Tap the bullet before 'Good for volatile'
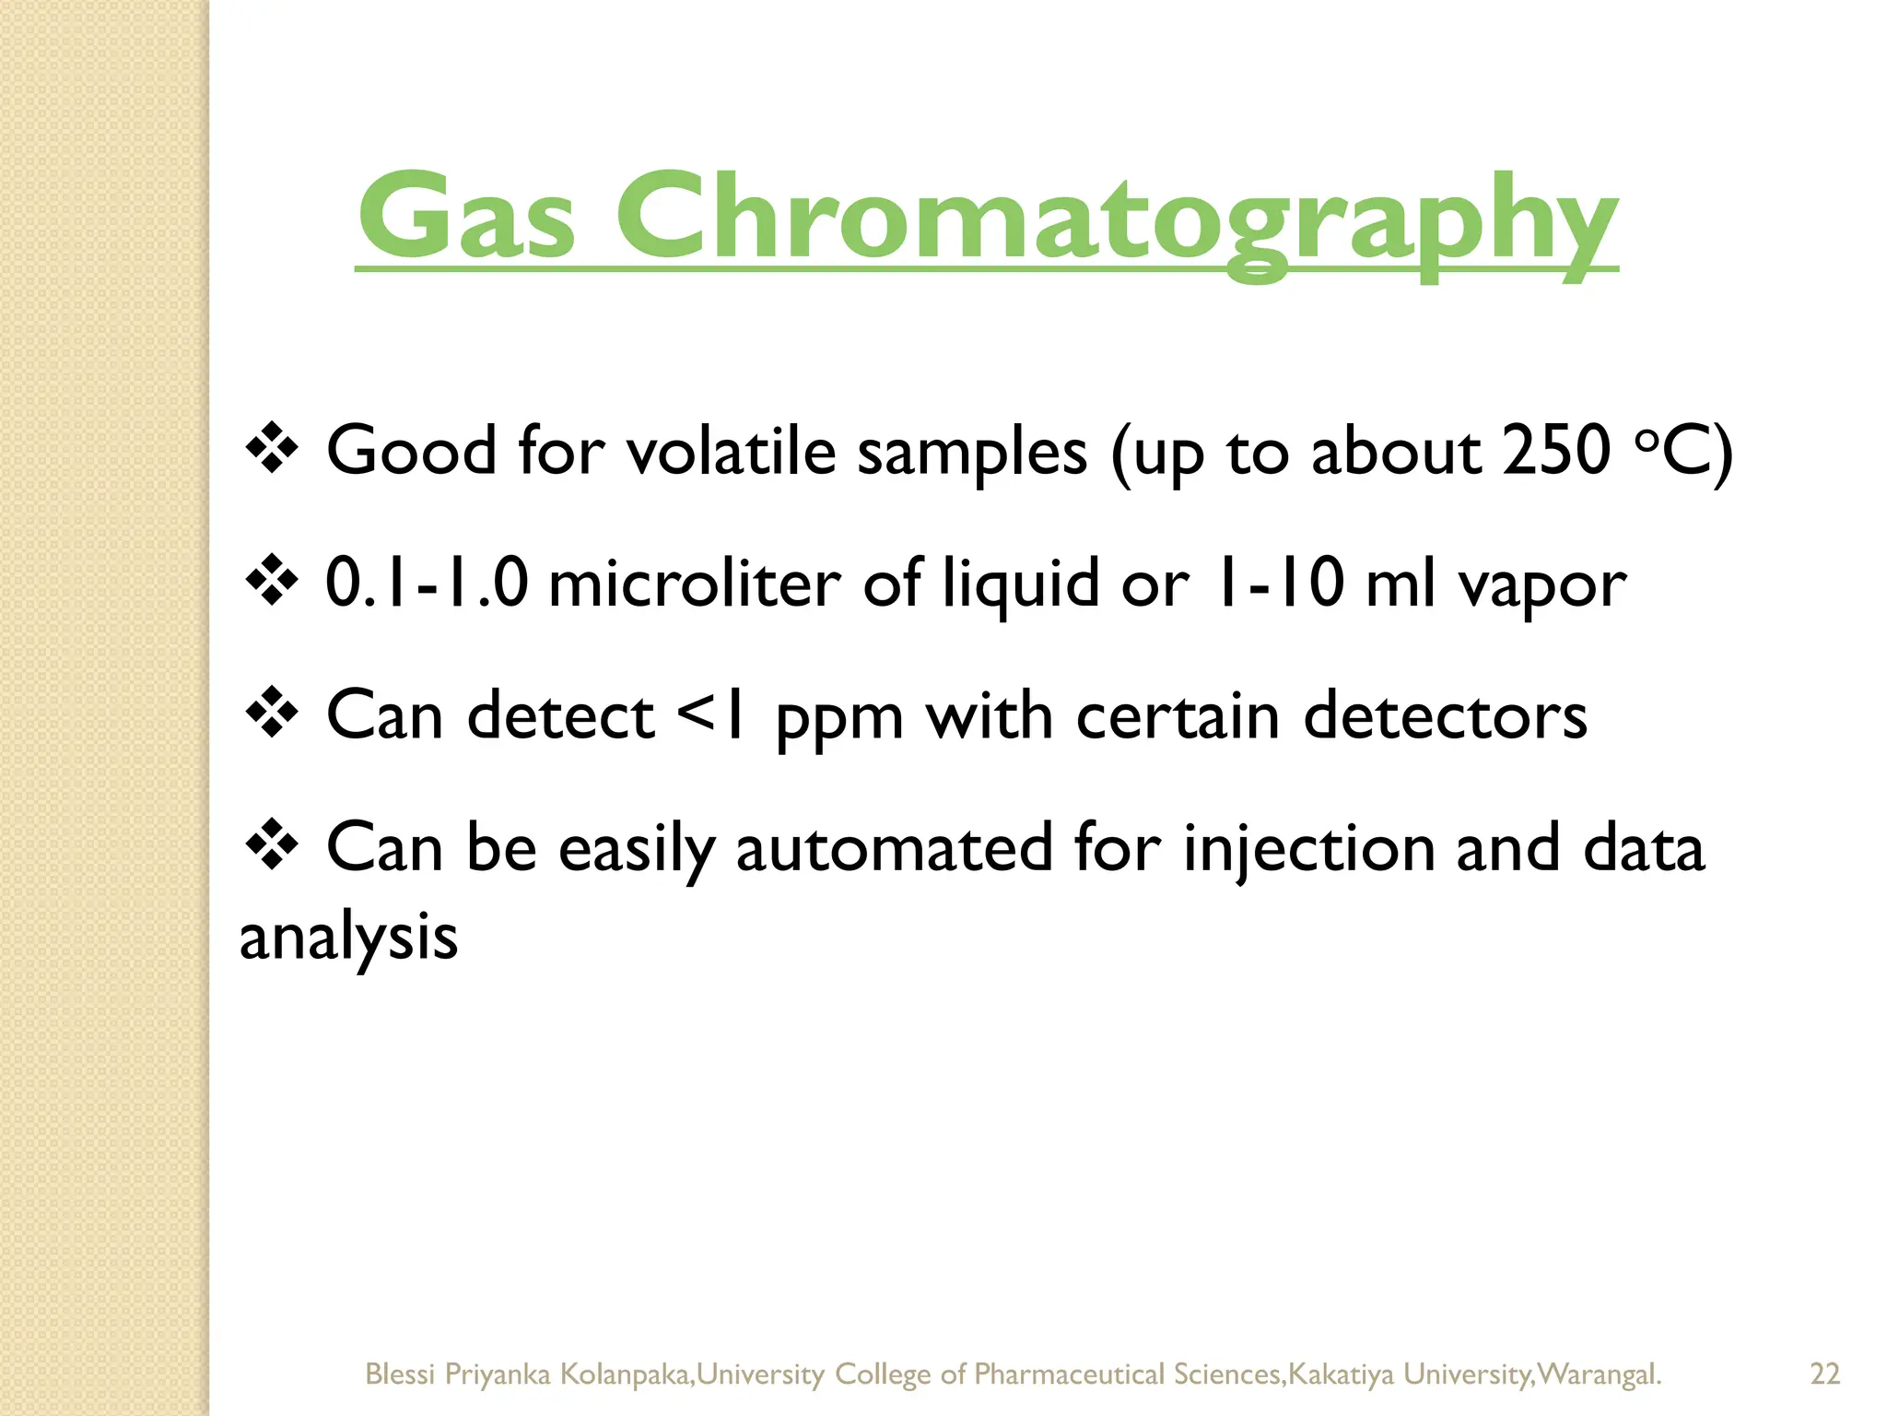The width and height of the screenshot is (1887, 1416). click(272, 449)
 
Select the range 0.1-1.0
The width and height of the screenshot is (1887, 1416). click(427, 584)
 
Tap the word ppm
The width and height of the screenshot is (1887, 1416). click(838, 719)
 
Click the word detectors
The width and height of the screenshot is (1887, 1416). click(1445, 716)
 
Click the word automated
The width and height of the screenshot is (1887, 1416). click(894, 848)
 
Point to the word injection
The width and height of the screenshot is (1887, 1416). click(1308, 848)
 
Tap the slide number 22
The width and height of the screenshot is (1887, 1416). click(1824, 1374)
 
